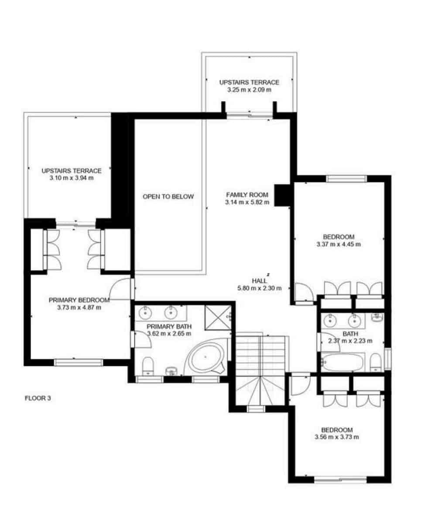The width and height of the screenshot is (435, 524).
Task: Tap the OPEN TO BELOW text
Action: click(x=168, y=196)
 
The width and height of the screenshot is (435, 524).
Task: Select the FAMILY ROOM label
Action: click(x=247, y=195)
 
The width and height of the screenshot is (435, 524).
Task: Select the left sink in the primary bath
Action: click(x=145, y=312)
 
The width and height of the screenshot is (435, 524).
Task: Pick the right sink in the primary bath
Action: click(x=171, y=312)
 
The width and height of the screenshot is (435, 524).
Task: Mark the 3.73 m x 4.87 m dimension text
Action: click(x=79, y=307)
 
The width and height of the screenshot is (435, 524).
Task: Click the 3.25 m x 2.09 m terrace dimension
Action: click(x=249, y=90)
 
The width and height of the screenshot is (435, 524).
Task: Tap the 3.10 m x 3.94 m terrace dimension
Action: click(x=72, y=178)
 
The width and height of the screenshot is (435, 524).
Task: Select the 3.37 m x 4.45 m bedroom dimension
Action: click(x=339, y=244)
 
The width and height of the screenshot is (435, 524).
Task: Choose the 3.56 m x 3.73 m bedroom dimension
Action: click(x=336, y=437)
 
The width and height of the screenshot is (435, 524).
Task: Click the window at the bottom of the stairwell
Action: click(x=255, y=409)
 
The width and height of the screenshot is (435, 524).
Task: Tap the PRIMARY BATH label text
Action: click(x=169, y=326)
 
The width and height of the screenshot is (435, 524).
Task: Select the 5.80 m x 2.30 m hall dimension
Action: click(x=259, y=288)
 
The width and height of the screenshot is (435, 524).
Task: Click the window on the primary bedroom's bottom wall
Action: click(x=79, y=362)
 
